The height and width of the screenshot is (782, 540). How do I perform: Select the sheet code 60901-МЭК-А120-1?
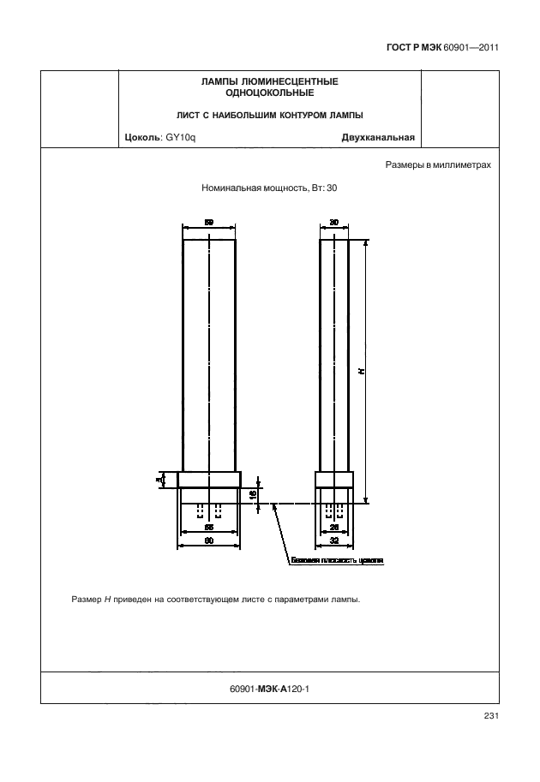click(x=270, y=688)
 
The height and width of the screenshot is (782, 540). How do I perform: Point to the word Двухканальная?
click(x=378, y=137)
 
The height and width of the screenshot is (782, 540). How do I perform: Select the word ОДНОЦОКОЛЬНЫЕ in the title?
click(x=269, y=93)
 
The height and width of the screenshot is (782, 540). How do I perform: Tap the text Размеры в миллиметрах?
click(x=437, y=164)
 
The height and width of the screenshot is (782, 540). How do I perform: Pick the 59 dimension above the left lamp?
click(x=209, y=222)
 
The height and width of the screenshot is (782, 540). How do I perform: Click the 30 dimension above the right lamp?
click(x=333, y=222)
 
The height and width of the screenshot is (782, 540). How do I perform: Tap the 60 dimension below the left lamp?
click(x=209, y=542)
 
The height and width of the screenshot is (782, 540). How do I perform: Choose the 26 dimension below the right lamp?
click(x=333, y=529)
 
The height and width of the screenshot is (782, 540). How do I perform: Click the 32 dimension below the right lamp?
click(x=333, y=542)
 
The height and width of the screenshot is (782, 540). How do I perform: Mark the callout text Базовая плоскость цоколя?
click(x=336, y=563)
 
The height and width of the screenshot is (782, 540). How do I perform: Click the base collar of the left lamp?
click(x=209, y=480)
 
